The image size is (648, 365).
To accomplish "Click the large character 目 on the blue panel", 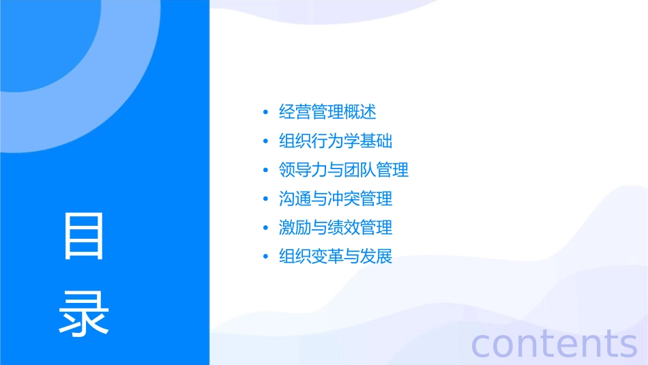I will [x=84, y=235].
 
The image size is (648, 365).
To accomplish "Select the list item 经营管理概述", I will [x=327, y=112].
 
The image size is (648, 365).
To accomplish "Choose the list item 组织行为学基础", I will [x=336, y=141].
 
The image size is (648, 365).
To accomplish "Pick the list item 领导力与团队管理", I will [x=344, y=170].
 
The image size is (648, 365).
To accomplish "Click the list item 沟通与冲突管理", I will [x=336, y=199].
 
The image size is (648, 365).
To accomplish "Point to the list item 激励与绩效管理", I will [x=336, y=228].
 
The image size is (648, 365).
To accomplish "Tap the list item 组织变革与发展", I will [x=336, y=257].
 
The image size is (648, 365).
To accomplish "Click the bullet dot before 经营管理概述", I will [x=265, y=113].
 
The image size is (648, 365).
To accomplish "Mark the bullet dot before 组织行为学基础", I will [x=265, y=142].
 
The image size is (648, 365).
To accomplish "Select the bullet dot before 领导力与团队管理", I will [x=265, y=171].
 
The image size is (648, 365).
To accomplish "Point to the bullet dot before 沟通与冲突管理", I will [x=265, y=200].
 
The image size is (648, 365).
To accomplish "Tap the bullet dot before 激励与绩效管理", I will [x=265, y=229].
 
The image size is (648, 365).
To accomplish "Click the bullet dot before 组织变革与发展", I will [x=265, y=258].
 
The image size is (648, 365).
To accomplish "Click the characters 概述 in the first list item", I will [x=360, y=112].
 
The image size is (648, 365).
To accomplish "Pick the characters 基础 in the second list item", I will [x=377, y=141].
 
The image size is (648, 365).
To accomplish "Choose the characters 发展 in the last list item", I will [x=377, y=257].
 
